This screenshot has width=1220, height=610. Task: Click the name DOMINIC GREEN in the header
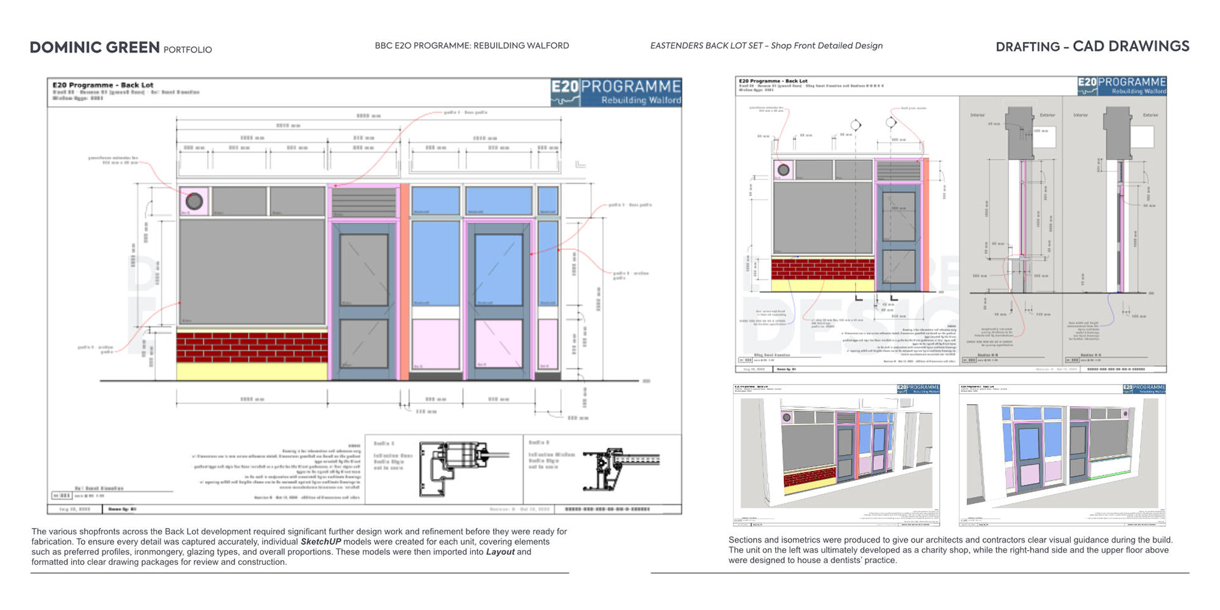coord(95,48)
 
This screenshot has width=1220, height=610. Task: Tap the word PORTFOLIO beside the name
coord(187,50)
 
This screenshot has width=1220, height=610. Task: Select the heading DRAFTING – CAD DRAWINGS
coord(1092,46)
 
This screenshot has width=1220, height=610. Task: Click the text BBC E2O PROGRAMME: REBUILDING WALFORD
coord(471,46)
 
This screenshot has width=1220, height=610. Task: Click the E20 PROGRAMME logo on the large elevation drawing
coord(616,92)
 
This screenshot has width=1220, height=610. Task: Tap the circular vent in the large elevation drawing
coord(194,201)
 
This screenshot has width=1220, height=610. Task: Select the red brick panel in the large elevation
coord(252,347)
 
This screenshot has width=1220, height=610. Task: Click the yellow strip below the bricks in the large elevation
coord(252,371)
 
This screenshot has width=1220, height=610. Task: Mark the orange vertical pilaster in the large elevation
coord(404,282)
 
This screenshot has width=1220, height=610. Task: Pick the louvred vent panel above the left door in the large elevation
coord(363,202)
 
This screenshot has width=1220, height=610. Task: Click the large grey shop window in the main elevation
coord(252,271)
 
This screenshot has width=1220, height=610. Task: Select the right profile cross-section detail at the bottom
coord(620,468)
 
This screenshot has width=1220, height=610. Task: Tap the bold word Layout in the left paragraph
coord(500,552)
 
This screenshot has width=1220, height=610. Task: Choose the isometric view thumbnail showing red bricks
coord(836,455)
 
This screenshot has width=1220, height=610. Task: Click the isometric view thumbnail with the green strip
coord(1062,455)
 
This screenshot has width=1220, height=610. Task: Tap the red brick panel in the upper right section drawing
coord(822,269)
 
